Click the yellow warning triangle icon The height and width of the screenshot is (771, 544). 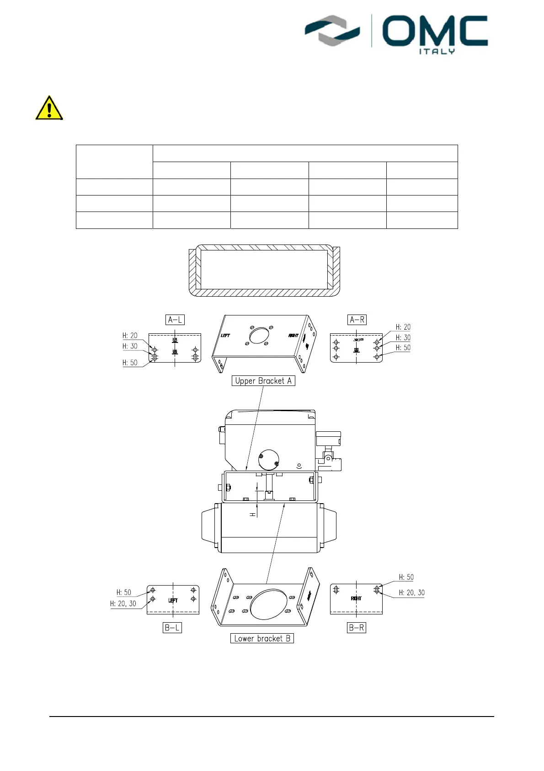point(49,109)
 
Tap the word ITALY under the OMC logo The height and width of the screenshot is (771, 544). point(437,51)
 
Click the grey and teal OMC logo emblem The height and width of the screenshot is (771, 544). point(332,30)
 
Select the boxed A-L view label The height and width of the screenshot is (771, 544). point(176,320)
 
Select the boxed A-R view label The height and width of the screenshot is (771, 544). point(357,320)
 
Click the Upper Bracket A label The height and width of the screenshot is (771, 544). point(263,381)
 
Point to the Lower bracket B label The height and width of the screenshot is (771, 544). point(262,638)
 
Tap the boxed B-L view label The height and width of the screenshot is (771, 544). point(172,628)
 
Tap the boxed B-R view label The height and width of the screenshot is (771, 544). point(357,628)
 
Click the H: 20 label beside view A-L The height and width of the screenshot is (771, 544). point(130,336)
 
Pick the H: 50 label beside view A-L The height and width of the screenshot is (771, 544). point(130,363)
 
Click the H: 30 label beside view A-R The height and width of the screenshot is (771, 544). point(403,337)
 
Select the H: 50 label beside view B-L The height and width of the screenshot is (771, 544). point(123,592)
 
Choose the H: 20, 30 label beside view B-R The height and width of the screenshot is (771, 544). point(411,592)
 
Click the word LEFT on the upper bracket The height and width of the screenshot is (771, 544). point(225,336)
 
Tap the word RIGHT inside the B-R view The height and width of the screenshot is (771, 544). point(356,598)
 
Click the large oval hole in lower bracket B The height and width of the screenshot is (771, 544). point(269,604)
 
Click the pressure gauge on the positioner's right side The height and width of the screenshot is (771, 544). point(328,438)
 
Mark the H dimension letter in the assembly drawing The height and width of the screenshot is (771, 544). point(252,515)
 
